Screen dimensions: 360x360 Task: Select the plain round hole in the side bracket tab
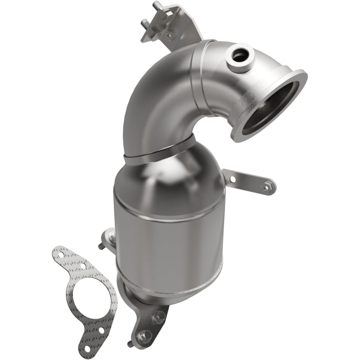pos(233,179)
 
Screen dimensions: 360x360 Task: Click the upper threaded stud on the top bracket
pos(157,6)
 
